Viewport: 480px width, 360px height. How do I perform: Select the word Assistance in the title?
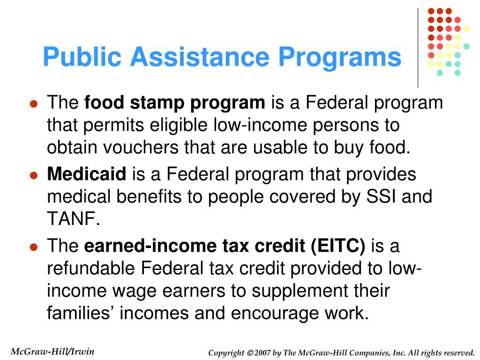coord(200,58)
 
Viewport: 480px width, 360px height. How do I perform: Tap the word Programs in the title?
coord(339,58)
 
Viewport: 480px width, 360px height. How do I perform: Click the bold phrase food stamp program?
coord(174,103)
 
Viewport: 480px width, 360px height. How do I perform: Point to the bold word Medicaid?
coord(87,174)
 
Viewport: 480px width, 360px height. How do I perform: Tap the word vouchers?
coord(135,148)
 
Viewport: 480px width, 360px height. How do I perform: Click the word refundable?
coord(91,268)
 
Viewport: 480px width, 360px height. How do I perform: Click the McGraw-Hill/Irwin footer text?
coord(52,352)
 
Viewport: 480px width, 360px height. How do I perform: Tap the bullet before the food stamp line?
coord(33,104)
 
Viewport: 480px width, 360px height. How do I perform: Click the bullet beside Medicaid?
coord(33,176)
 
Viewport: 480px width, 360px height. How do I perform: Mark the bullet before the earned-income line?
coord(33,247)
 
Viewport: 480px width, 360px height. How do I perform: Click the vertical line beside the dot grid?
coord(418,47)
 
